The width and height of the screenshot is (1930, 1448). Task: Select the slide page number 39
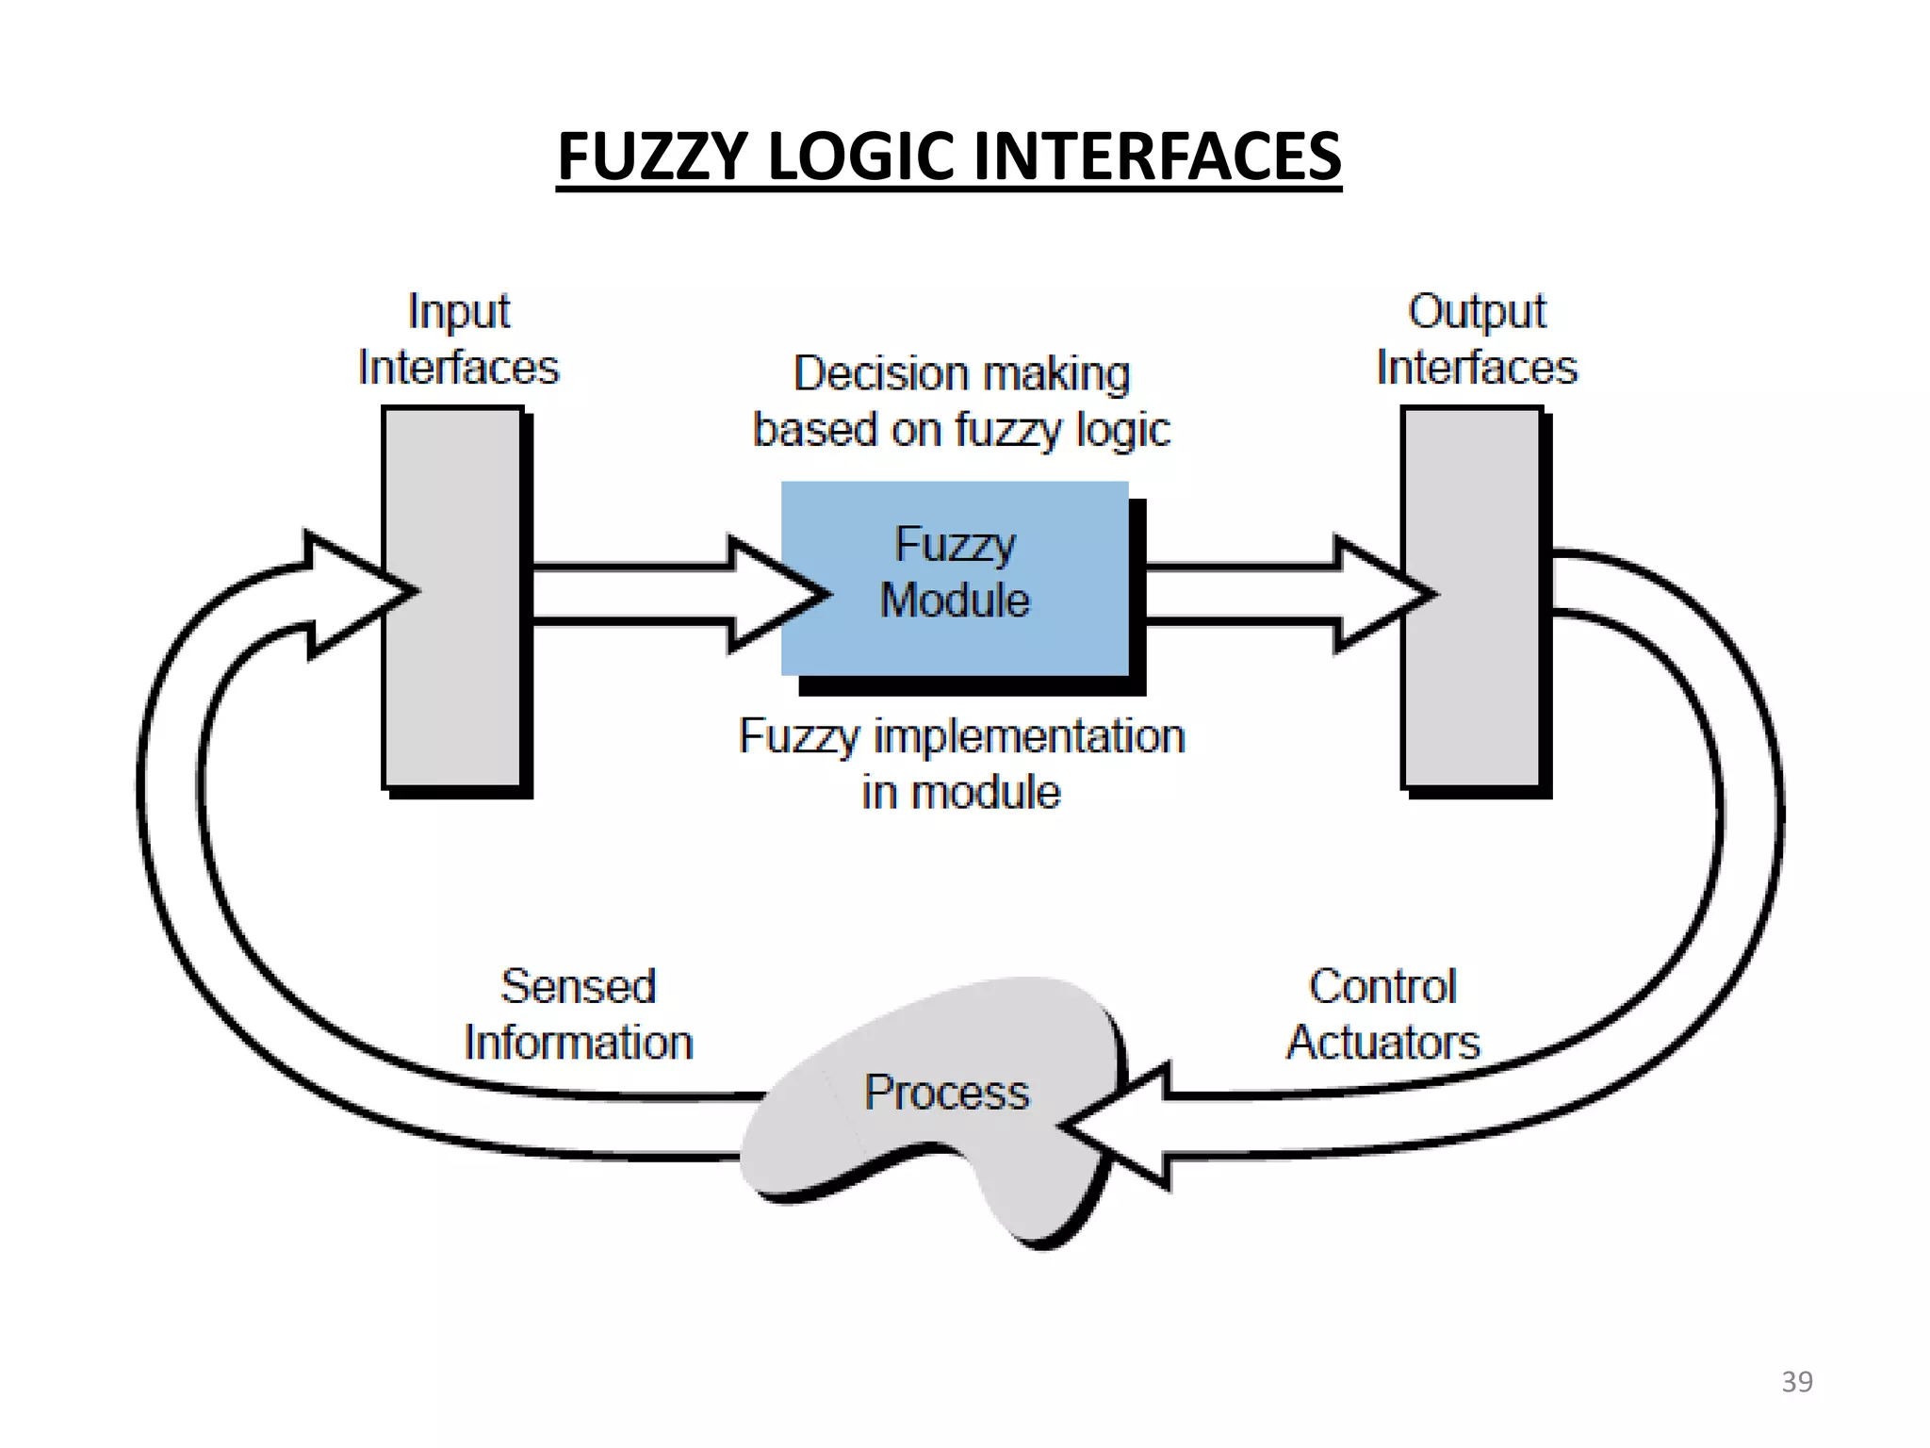pos(1796,1381)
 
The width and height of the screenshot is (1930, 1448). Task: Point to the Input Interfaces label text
pos(458,339)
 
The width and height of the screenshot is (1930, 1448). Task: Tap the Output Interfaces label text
pos(1476,339)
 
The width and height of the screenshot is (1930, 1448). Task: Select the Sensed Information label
pos(579,1014)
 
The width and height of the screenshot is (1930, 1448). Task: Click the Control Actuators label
pos(1382,1014)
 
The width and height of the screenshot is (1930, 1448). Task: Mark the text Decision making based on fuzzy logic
pos(961,402)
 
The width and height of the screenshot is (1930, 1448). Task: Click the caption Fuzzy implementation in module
pos(961,764)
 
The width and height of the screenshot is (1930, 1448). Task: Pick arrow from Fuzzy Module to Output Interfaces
pos(1263,594)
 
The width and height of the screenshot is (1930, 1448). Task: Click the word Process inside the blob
pos(946,1092)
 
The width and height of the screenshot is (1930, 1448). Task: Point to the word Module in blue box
pos(955,600)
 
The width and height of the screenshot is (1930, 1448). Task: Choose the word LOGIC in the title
pos(866,156)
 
